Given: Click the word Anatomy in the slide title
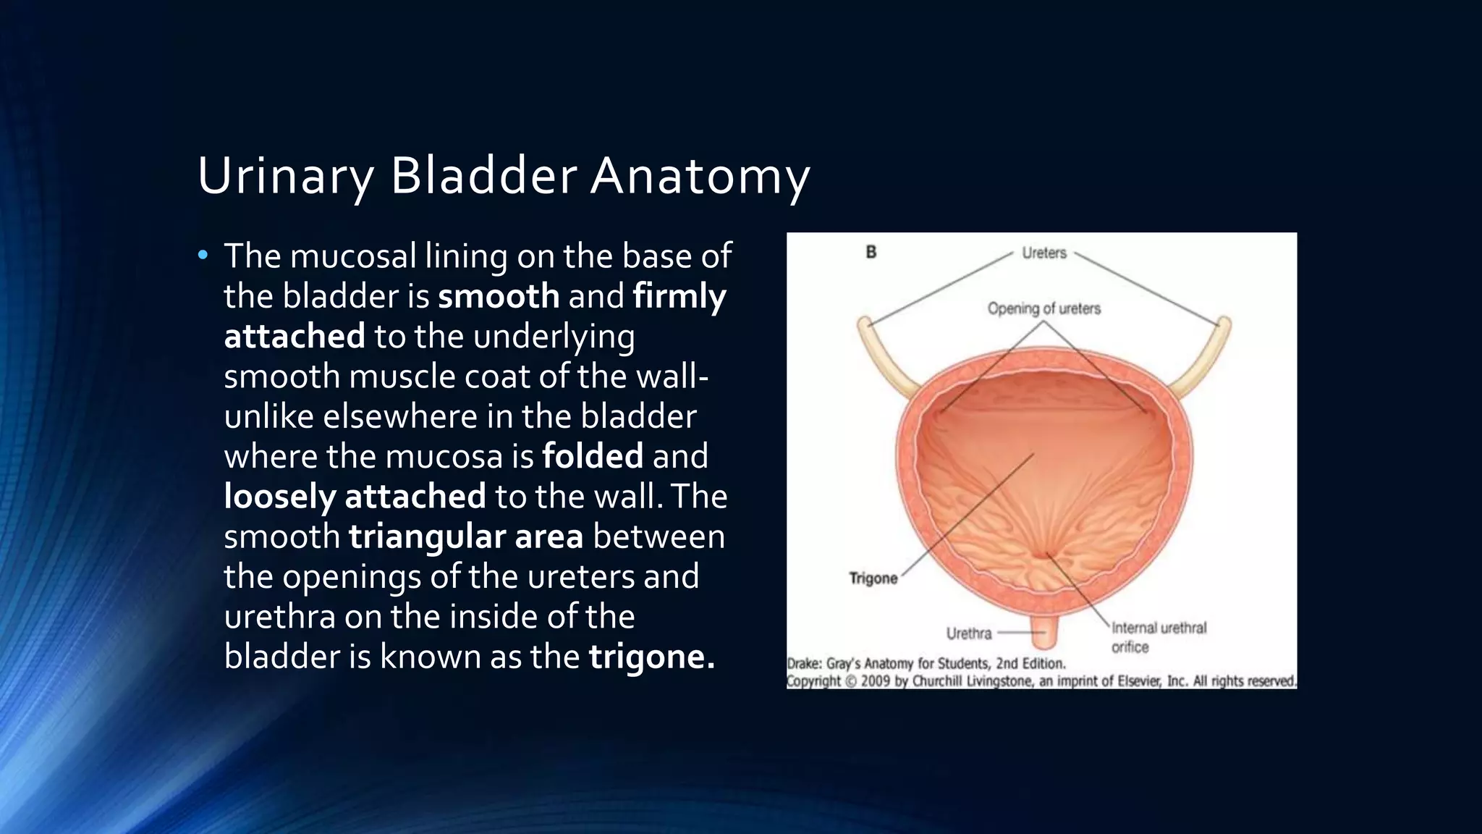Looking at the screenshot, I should click(700, 176).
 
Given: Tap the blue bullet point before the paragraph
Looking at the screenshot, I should click(203, 255).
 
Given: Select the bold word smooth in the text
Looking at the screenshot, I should click(499, 296).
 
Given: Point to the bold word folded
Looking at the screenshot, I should click(592, 456).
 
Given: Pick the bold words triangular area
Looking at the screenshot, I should click(465, 536).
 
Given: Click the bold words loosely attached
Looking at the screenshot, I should click(355, 497).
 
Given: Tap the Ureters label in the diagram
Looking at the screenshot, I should click(1043, 253).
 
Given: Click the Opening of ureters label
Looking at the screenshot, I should click(1043, 308).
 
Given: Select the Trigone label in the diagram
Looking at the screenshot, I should click(873, 578).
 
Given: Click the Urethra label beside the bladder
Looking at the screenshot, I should click(968, 633).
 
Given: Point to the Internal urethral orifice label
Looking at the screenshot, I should click(1158, 636).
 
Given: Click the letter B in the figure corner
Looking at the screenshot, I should click(871, 252).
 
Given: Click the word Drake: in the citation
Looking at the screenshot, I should click(805, 663).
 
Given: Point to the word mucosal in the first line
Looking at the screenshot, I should click(353, 256).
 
